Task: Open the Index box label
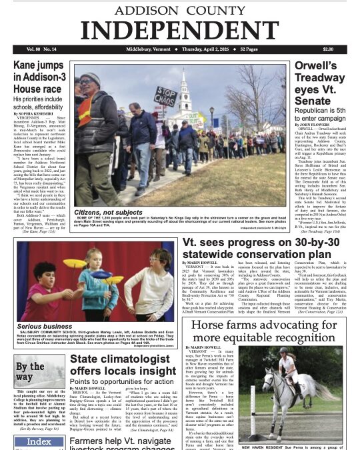(29, 442)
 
